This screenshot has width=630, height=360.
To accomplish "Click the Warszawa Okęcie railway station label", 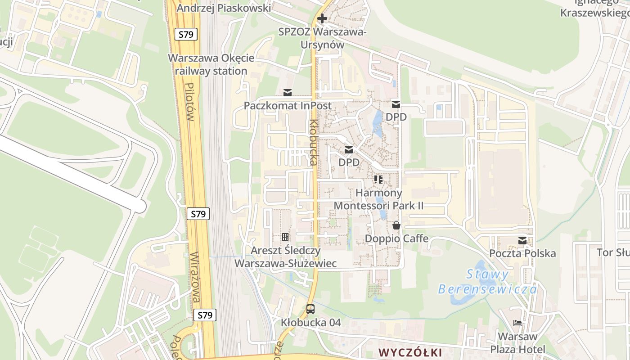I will click(x=211, y=64).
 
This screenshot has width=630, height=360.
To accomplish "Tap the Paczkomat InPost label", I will click(x=288, y=106).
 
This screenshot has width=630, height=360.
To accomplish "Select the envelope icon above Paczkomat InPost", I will click(x=288, y=93).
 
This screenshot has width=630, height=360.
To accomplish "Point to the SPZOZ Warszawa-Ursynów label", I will click(x=322, y=38).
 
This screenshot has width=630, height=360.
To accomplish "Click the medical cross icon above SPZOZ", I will click(x=322, y=19).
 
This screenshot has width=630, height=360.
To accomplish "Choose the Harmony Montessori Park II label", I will click(x=378, y=199).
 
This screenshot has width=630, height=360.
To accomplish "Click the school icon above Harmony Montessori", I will click(x=378, y=180).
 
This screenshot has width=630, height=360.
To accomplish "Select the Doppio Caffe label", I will click(x=396, y=238).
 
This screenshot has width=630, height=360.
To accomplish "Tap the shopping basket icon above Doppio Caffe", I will click(x=396, y=225).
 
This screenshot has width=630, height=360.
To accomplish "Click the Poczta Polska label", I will click(x=522, y=253).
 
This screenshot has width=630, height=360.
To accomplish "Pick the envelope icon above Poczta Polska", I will click(x=522, y=241).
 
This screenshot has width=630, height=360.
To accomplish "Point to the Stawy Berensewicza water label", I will click(x=487, y=281).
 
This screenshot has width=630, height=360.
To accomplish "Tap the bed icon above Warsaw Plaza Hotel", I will click(x=517, y=323).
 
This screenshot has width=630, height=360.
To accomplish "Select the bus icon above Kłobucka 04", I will click(x=310, y=309).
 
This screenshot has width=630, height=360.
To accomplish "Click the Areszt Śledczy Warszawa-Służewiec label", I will click(x=286, y=257).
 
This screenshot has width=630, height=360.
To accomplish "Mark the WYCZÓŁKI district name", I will click(x=410, y=352).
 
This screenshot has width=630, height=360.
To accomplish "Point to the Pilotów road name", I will click(x=189, y=102).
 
